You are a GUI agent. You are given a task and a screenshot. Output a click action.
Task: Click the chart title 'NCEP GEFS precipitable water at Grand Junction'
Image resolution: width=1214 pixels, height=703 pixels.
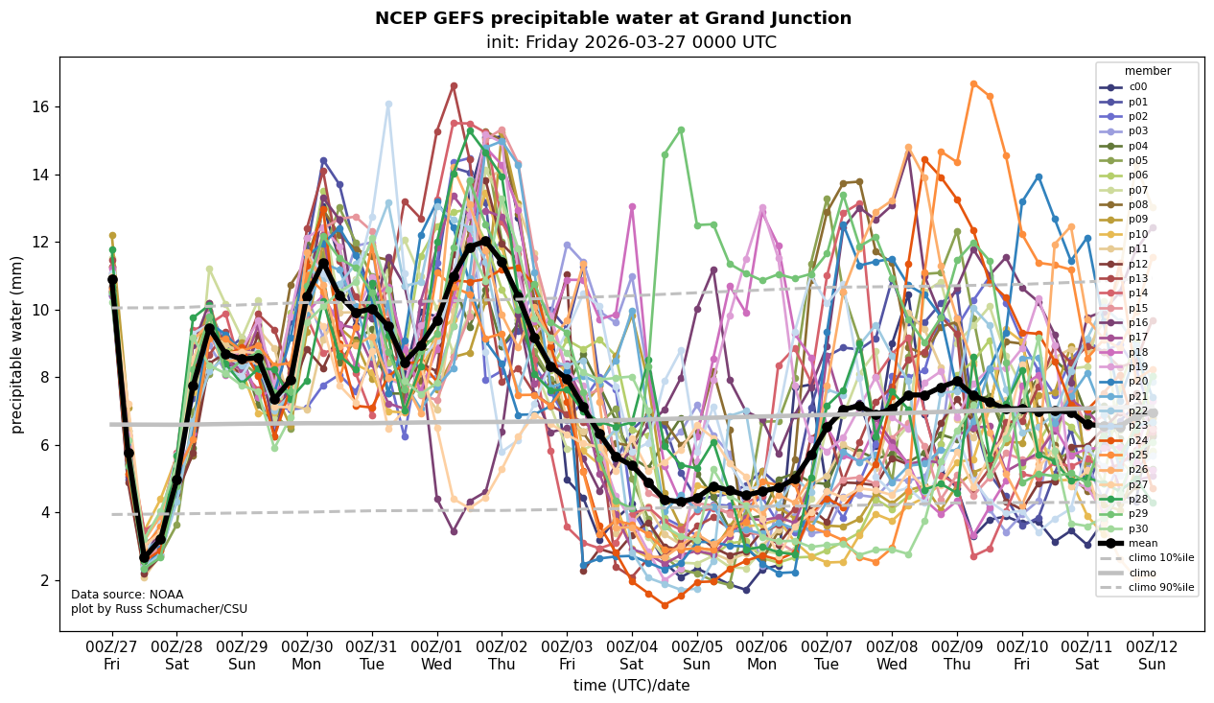(613, 18)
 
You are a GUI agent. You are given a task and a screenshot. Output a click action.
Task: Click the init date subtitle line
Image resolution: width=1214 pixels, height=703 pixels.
(631, 42)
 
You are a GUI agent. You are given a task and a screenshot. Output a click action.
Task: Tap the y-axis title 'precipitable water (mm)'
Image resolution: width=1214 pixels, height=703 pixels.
(17, 344)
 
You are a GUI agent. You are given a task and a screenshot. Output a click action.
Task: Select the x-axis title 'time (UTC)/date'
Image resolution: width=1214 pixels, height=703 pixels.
(631, 685)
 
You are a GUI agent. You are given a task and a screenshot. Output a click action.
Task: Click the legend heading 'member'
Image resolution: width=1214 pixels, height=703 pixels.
(1148, 71)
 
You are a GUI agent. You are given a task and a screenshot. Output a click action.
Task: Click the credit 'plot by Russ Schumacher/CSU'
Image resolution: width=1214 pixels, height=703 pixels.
(159, 609)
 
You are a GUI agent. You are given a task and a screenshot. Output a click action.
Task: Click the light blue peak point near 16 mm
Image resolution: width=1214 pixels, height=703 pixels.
(388, 104)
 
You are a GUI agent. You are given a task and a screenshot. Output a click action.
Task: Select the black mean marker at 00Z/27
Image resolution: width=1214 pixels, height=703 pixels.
(112, 279)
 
